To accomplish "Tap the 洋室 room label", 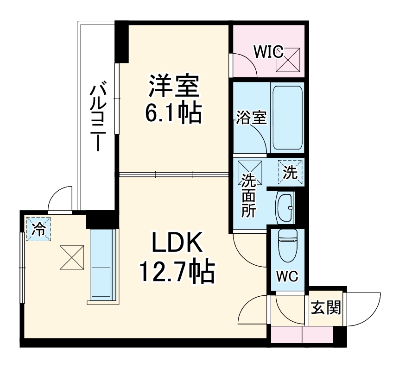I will pos(174,87).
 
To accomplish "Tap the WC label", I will pos(287,276).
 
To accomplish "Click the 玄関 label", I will pos(326,307).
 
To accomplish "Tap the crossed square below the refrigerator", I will pos(71,258).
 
